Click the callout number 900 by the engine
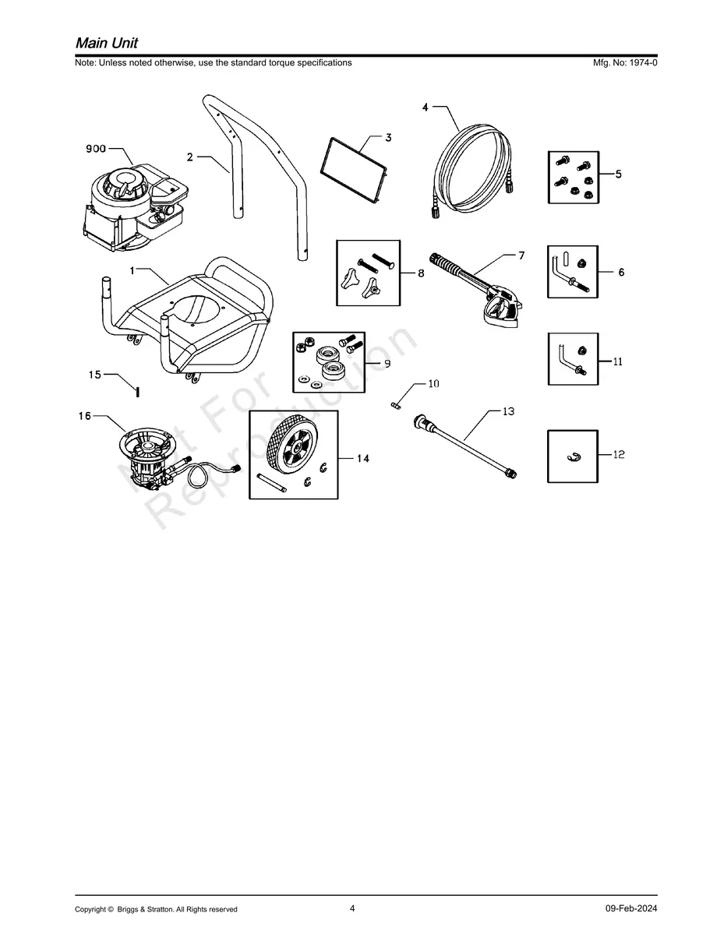pos(96,149)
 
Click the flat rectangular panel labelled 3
pos(354,170)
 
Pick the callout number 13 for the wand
pos(508,411)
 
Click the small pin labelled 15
pos(137,392)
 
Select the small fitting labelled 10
pos(396,405)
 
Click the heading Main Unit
pos(107,43)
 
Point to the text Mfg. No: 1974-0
pos(625,63)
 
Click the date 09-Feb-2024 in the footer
pos(631,908)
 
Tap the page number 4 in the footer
pos(352,908)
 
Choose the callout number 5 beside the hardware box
pos(618,174)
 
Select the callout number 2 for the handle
pos(190,157)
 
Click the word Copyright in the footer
pos(91,909)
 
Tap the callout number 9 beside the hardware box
pos(387,364)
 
